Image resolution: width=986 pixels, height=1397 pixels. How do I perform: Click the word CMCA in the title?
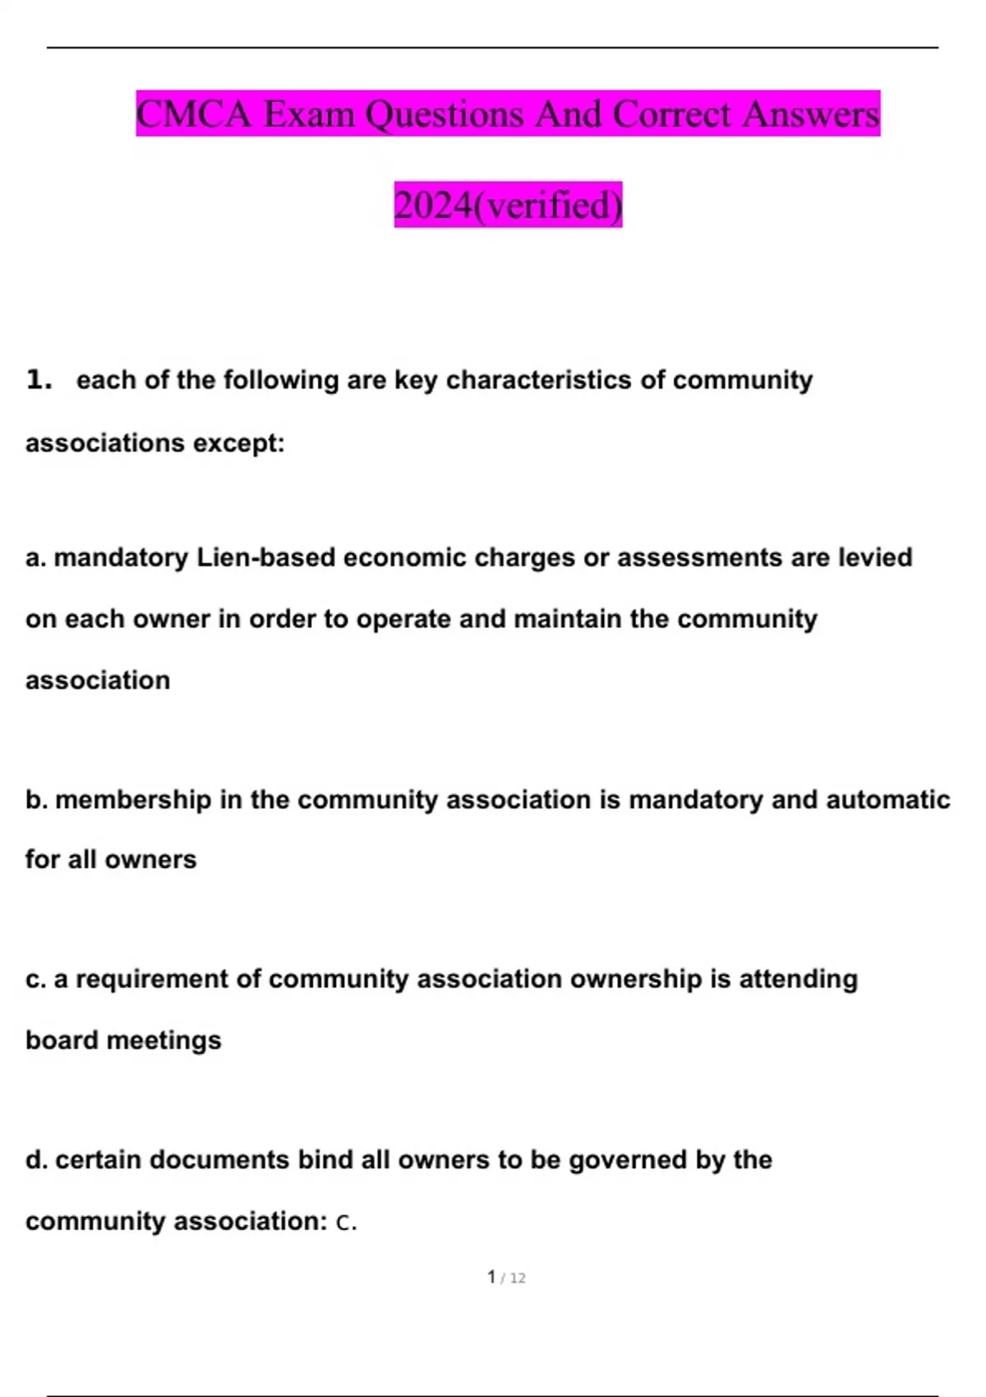pos(193,114)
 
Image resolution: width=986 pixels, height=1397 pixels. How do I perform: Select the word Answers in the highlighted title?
pos(811,114)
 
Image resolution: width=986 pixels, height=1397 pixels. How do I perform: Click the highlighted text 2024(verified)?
pos(508,205)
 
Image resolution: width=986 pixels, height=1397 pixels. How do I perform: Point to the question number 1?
pos(39,380)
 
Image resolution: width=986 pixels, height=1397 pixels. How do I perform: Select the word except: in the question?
pos(239,443)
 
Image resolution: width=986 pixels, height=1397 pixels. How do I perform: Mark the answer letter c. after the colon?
pos(346,1223)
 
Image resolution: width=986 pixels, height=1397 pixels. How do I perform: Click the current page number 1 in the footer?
pos(491,1277)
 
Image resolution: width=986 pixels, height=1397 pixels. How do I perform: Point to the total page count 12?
pos(517,1279)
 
